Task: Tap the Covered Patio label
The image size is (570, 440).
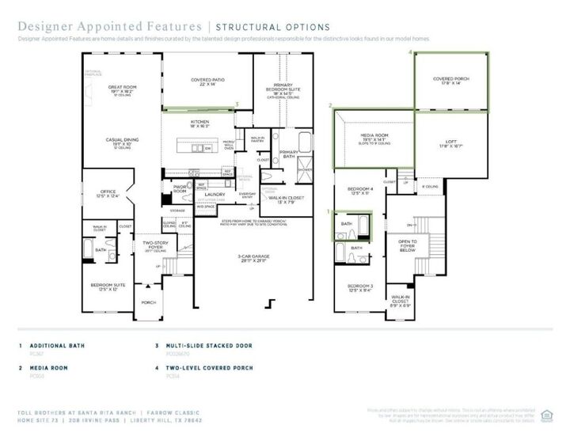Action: tap(207, 80)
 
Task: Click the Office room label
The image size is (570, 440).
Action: tap(107, 192)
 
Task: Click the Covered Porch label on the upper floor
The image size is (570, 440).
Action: tap(453, 79)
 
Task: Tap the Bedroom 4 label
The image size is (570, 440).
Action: tap(359, 189)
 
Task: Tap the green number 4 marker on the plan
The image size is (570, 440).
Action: tap(409, 52)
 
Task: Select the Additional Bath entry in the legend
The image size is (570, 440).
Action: tap(56, 346)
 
